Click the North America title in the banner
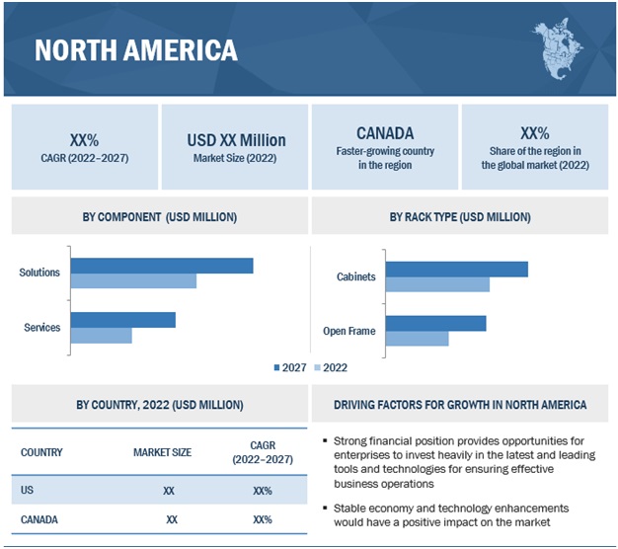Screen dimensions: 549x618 136,49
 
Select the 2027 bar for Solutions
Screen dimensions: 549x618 162,265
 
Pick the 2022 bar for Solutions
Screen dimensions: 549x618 133,281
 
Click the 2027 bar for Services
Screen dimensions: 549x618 122,319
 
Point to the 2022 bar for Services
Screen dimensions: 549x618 101,336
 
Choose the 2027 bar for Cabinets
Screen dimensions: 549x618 456,269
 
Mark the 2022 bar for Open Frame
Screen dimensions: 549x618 417,339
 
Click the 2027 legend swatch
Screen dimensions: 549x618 277,367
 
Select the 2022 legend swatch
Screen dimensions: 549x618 318,367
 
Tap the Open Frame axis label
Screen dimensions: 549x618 348,331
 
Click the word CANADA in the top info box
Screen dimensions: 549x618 385,132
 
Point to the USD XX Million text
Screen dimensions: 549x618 236,140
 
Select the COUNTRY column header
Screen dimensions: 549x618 41,452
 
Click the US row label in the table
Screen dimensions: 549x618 28,490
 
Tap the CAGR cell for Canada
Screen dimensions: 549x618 263,518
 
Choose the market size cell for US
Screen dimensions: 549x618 169,490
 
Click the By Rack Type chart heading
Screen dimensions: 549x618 461,216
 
